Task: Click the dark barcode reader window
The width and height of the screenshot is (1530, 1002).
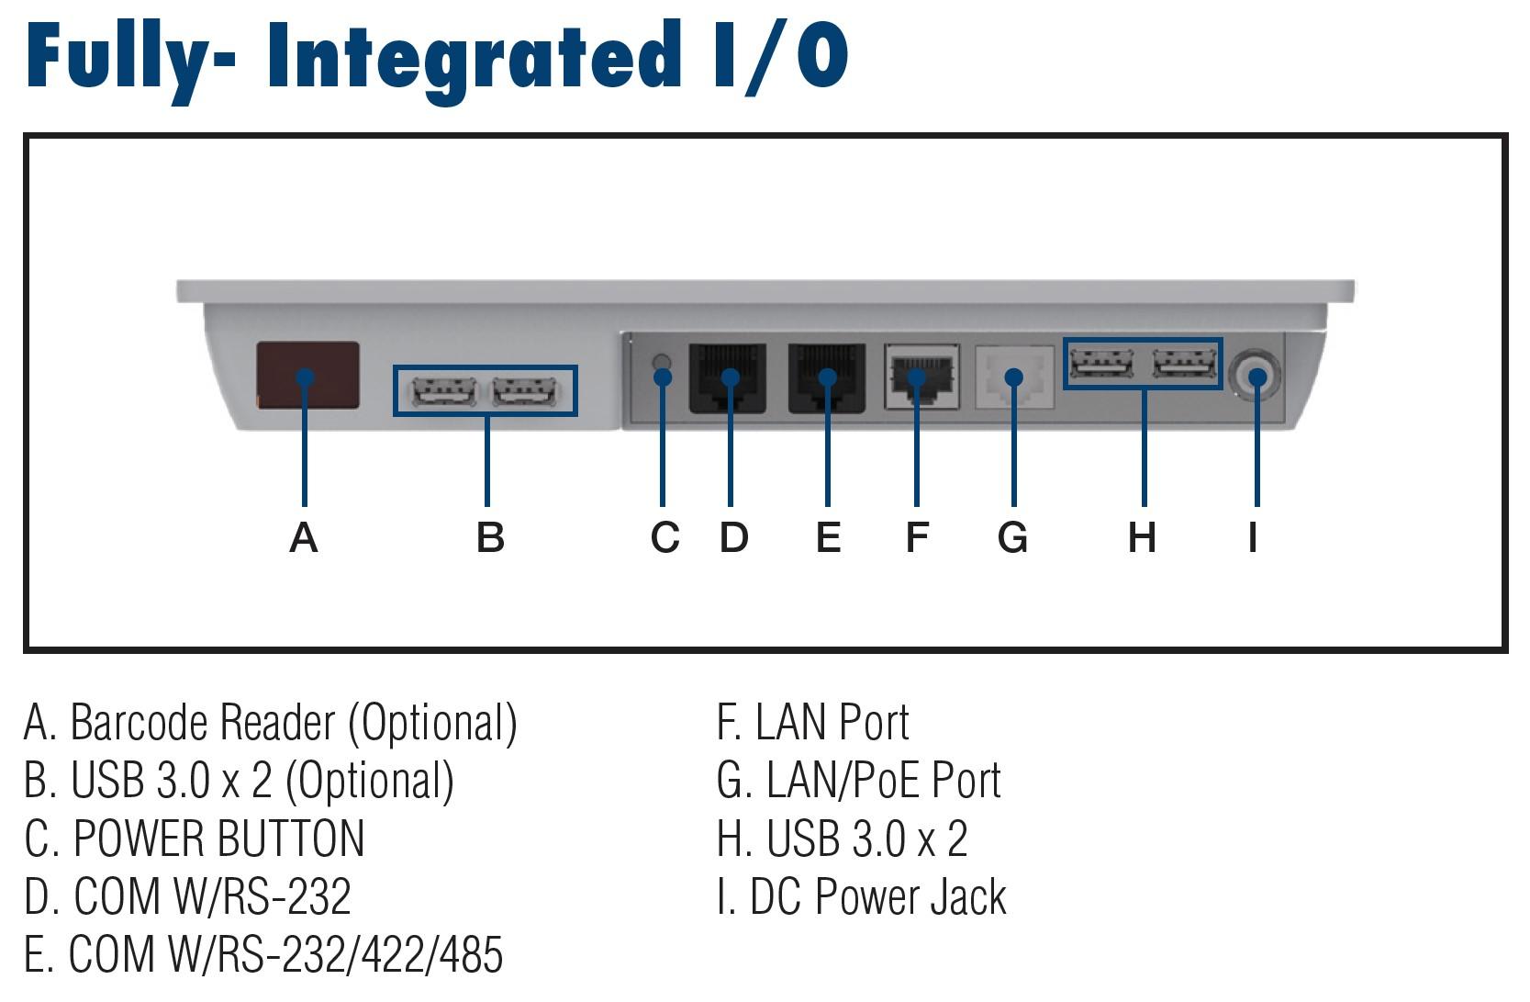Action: (x=307, y=376)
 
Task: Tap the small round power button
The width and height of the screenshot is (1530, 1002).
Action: (x=662, y=362)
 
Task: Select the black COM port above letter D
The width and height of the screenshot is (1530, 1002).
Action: (x=728, y=378)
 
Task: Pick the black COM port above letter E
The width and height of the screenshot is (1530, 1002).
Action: (x=826, y=378)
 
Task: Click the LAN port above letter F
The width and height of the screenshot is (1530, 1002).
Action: (x=921, y=377)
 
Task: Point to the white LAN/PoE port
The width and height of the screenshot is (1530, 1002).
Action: (x=1014, y=377)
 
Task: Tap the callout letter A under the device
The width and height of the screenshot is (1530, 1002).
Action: (x=303, y=537)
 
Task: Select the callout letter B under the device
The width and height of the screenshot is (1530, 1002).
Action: (x=490, y=537)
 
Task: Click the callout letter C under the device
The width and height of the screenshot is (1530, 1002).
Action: (x=664, y=537)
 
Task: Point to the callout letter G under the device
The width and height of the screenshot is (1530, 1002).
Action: (x=1012, y=537)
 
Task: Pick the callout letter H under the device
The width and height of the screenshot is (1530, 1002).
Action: (x=1142, y=537)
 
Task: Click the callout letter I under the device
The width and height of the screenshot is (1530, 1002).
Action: (x=1253, y=537)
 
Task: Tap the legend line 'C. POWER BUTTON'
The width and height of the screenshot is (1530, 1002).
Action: (x=195, y=838)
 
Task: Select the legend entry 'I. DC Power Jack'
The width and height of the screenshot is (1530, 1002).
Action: (x=862, y=896)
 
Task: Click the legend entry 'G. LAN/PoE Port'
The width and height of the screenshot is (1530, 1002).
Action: (x=858, y=780)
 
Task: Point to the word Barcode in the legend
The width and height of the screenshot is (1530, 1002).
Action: (x=138, y=722)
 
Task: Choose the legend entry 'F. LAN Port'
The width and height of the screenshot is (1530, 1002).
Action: (x=813, y=722)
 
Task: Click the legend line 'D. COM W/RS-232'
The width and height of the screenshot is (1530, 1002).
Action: (x=188, y=896)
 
